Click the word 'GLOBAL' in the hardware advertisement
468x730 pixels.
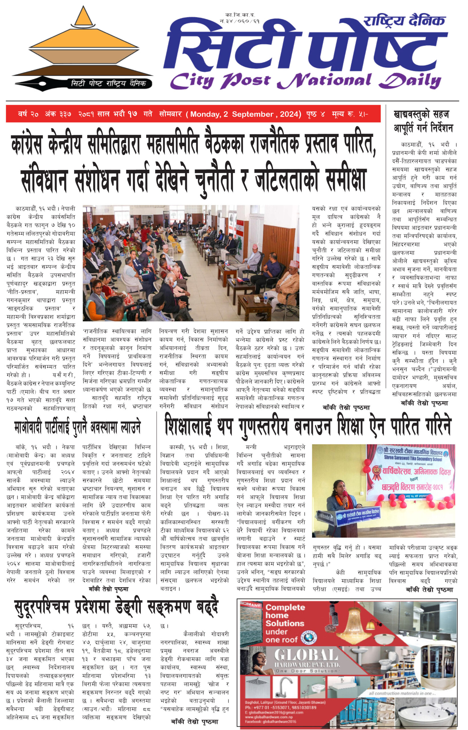click(x=306, y=655)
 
